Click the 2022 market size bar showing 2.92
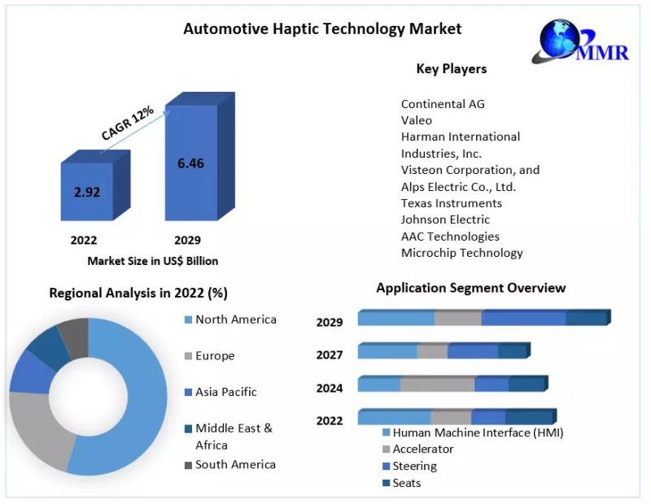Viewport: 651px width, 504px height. point(87,193)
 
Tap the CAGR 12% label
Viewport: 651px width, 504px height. point(127,124)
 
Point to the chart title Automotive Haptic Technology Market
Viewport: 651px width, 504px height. point(322,29)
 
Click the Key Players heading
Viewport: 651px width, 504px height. point(451,69)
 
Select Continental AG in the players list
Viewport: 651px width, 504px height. point(443,104)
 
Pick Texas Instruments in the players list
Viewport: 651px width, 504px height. point(451,203)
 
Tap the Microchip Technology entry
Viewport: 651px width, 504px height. point(461,253)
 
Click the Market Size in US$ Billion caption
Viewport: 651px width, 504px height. point(153,261)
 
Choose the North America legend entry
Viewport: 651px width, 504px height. point(235,319)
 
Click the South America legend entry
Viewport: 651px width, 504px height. point(235,465)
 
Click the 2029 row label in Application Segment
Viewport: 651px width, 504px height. point(330,322)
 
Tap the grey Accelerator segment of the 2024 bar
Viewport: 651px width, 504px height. point(437,385)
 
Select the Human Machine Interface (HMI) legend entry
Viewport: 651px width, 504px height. point(478,432)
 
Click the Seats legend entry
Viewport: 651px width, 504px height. point(406,483)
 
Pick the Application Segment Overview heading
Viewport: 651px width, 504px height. point(470,288)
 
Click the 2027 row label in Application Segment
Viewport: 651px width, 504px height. point(330,354)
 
